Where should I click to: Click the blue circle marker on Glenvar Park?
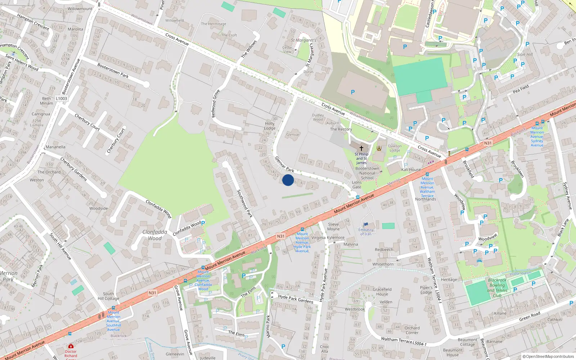[288, 180]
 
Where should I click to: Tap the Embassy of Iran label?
[366, 232]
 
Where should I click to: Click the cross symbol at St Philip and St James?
[361, 148]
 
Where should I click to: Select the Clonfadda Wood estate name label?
[155, 235]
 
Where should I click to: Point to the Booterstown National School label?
[367, 173]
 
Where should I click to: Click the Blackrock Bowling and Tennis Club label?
[497, 288]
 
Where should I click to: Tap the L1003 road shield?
[61, 99]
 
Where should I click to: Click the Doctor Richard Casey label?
[71, 354]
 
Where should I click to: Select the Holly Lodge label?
[270, 126]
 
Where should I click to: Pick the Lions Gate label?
[357, 185]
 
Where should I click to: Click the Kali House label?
[411, 170]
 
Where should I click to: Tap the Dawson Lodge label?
[395, 148]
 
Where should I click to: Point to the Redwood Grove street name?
[216, 104]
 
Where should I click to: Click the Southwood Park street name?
[245, 204]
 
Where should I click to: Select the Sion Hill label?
[525, 55]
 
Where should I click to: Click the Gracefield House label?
[382, 292]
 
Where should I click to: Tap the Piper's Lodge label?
[426, 290]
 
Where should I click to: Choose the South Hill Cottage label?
[108, 296]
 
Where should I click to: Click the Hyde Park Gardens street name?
[296, 299]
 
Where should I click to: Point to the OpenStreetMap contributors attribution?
[548, 357]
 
